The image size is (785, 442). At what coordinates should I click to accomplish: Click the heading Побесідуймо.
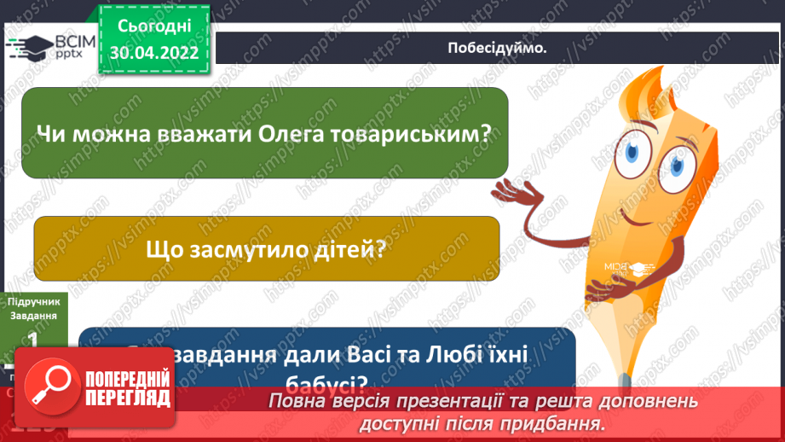497,48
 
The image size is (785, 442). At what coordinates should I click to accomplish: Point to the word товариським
413,133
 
